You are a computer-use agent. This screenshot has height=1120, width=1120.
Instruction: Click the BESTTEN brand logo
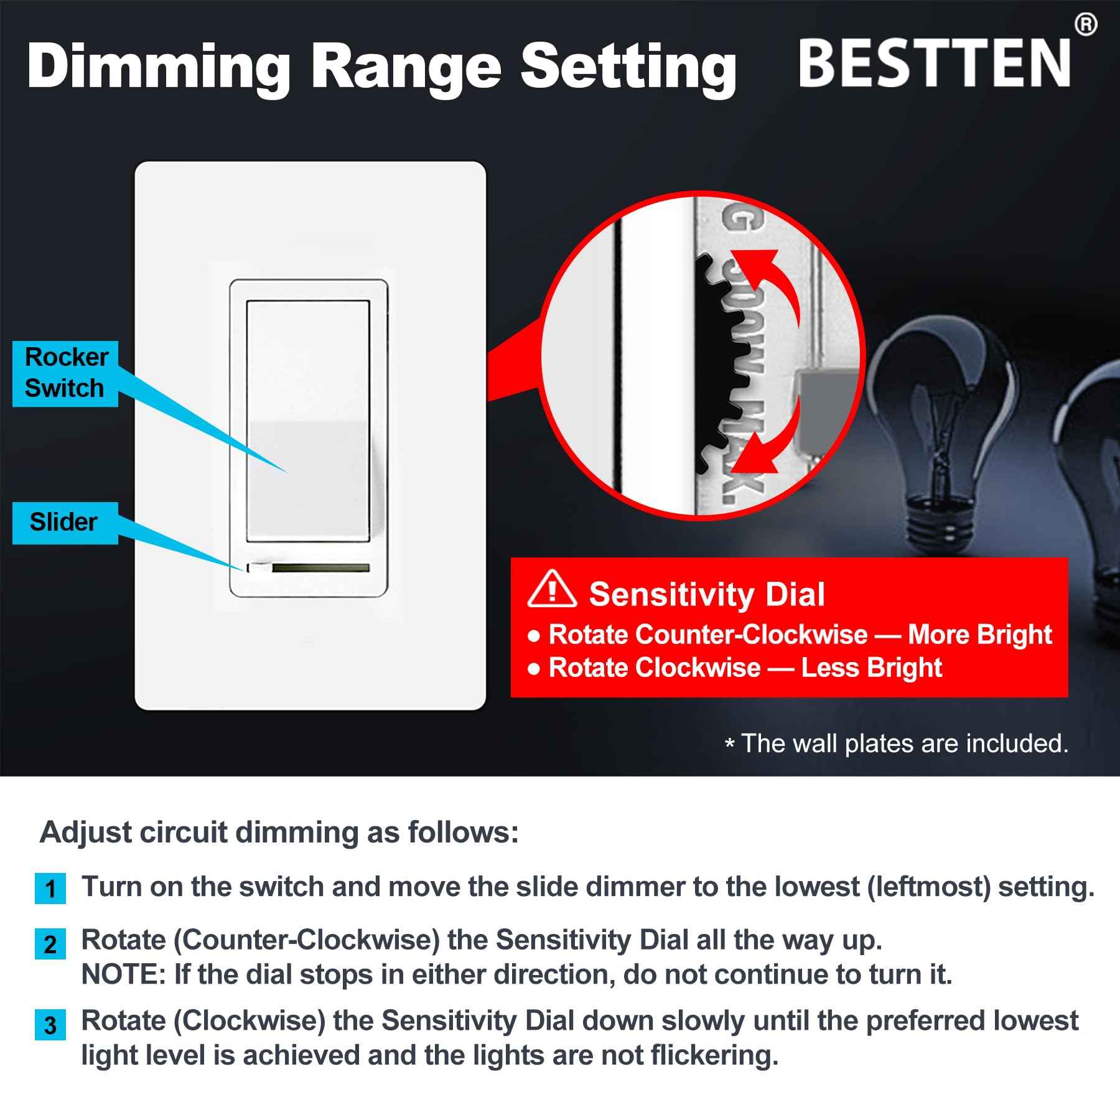coord(935,63)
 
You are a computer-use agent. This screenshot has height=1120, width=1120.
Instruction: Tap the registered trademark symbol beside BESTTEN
coord(1085,25)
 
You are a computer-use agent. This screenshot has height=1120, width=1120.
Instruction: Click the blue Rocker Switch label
coord(65,373)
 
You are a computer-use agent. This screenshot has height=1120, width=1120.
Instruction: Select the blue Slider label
coord(64,523)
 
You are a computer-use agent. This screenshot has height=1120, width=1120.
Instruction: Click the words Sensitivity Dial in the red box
coord(707,594)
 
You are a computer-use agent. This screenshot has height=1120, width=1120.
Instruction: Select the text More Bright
coord(980,635)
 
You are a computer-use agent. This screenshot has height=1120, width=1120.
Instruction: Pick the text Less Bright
coord(871,668)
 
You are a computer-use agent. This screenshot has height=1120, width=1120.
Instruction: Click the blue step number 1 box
coord(50,889)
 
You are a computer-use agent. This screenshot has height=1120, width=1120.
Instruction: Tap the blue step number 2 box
coord(50,945)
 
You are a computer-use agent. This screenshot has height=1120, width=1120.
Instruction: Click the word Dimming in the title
coord(159,67)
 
